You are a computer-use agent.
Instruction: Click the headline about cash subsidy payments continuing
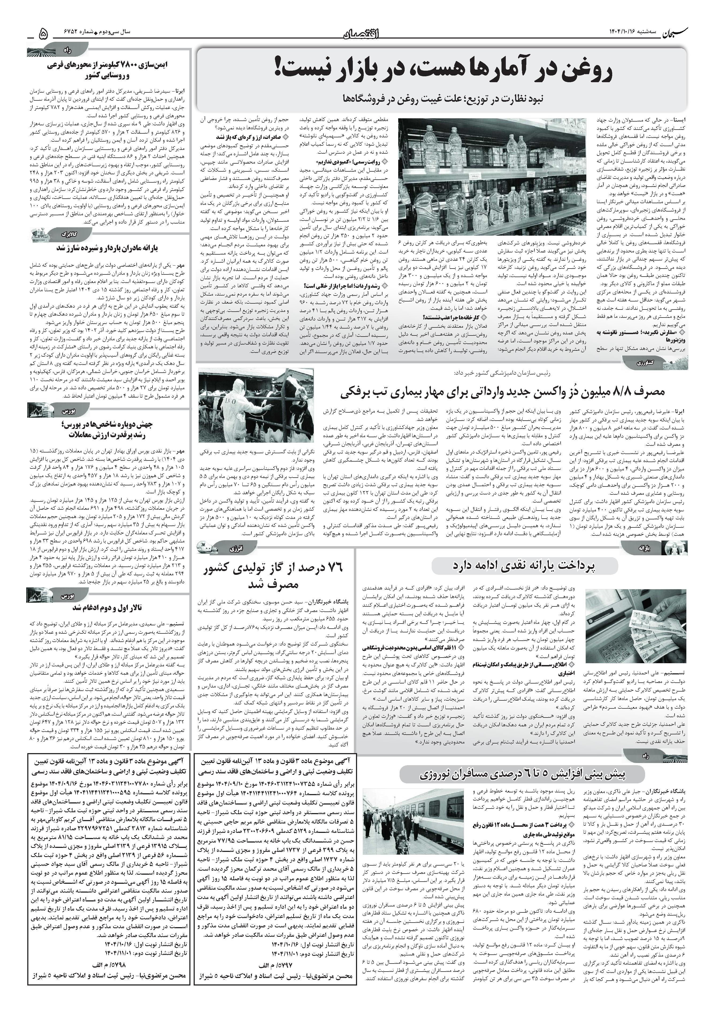tap(524, 566)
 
